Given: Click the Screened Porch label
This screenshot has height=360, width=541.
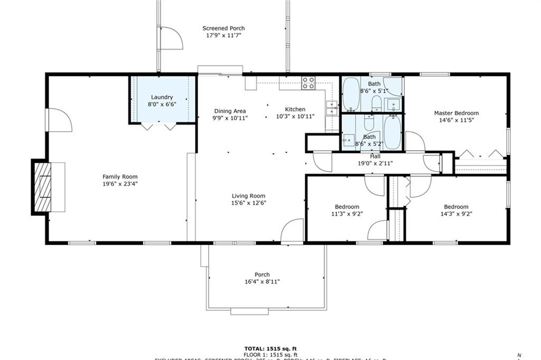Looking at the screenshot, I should tap(223, 29).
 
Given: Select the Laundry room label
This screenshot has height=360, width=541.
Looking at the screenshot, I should tap(162, 97).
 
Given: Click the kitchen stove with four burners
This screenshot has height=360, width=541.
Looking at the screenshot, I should tap(308, 82).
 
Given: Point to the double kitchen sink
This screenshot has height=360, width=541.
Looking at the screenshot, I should tap(332, 108).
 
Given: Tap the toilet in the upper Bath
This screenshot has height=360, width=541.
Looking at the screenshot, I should tap(376, 103).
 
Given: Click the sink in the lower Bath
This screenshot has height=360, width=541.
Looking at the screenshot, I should tap(349, 140).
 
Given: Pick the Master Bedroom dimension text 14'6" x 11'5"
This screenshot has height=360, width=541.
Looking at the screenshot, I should tap(456, 121).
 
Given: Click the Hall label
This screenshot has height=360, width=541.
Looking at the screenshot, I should tap(375, 156).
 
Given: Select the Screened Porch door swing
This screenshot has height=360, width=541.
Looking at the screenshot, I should tap(171, 38).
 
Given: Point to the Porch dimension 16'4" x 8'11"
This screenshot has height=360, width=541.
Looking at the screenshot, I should tap(262, 282).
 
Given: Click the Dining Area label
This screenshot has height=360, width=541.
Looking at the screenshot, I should tap(230, 111).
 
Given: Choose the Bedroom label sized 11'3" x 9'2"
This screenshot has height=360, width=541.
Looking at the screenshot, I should tap(347, 207).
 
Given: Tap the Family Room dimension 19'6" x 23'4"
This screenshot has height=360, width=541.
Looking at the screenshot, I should tap(120, 184).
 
